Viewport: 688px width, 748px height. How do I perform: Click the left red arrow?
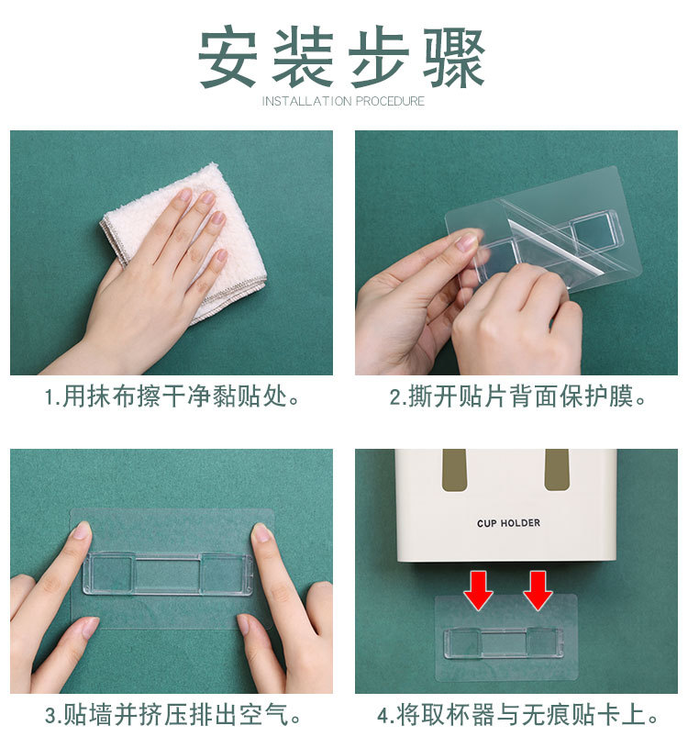pyautogui.click(x=478, y=590)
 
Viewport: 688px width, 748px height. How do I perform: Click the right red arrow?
pyautogui.click(x=538, y=590)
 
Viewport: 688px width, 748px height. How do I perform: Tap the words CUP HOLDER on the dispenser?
pyautogui.click(x=508, y=523)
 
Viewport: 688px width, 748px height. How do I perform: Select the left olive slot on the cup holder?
pyautogui.click(x=454, y=470)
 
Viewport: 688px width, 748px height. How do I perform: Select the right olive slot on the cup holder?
pyautogui.click(x=557, y=470)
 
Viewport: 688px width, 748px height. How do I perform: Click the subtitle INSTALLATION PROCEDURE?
pyautogui.click(x=343, y=101)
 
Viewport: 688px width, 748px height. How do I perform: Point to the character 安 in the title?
pyautogui.click(x=227, y=57)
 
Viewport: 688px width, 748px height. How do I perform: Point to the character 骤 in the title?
pyautogui.click(x=454, y=57)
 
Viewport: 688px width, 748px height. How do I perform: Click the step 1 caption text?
pyautogui.click(x=172, y=396)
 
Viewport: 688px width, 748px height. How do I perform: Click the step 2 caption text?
pyautogui.click(x=517, y=396)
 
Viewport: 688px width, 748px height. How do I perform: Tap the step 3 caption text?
pyautogui.click(x=173, y=715)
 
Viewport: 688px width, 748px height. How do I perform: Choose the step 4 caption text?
pyautogui.click(x=518, y=715)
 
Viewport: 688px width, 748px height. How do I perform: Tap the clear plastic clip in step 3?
pyautogui.click(x=168, y=575)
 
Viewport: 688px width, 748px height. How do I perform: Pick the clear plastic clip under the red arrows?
pyautogui.click(x=504, y=642)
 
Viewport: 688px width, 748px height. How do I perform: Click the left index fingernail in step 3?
pyautogui.click(x=83, y=530)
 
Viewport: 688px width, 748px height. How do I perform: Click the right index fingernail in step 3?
pyautogui.click(x=261, y=532)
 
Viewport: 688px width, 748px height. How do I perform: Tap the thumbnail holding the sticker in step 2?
pyautogui.click(x=467, y=242)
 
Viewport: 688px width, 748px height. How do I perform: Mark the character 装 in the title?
pyautogui.click(x=303, y=57)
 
